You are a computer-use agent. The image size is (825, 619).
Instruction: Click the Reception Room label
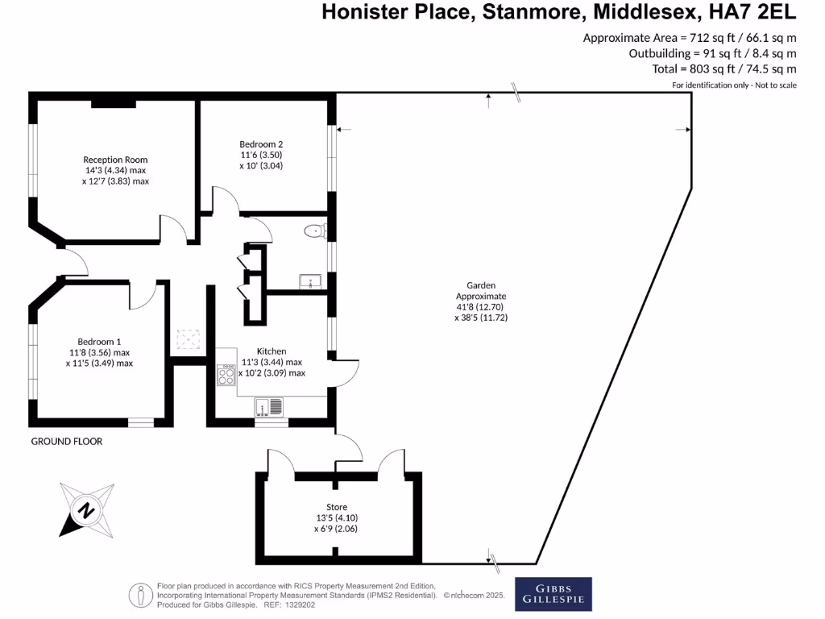(x=115, y=160)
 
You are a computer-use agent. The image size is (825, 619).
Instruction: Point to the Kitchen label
(x=272, y=351)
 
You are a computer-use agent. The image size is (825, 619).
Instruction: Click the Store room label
(x=337, y=507)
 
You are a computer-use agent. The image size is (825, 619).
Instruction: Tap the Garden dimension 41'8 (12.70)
(x=481, y=306)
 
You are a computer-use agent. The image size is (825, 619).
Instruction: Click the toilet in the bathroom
(x=313, y=232)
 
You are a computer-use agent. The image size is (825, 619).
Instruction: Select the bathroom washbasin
(x=311, y=281)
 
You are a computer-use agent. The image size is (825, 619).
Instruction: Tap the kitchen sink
(x=269, y=406)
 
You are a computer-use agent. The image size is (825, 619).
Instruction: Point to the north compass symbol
(x=85, y=509)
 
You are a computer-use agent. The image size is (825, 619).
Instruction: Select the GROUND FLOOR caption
(x=67, y=442)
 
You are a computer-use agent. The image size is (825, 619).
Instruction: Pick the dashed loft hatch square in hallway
(x=189, y=339)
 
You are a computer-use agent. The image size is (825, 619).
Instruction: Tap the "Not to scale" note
(x=774, y=85)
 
